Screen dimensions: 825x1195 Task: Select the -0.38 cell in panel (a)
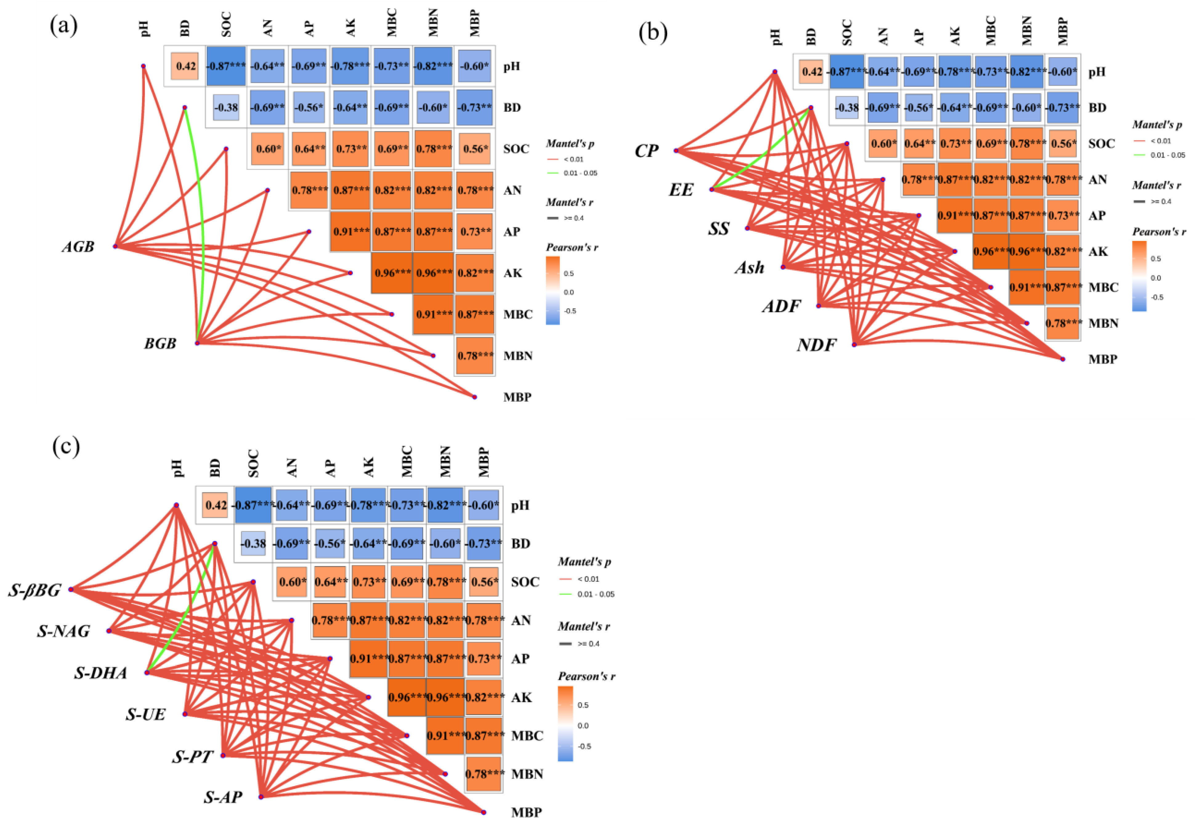pyautogui.click(x=226, y=107)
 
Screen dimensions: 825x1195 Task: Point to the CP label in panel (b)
pyautogui.click(x=646, y=151)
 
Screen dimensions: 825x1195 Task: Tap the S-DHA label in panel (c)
pyautogui.click(x=100, y=673)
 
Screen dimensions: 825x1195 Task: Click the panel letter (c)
pyautogui.click(x=66, y=447)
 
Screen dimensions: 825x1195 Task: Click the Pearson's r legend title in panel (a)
pyautogui.click(x=572, y=247)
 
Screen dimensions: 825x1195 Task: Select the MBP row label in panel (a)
pyautogui.click(x=517, y=397)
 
